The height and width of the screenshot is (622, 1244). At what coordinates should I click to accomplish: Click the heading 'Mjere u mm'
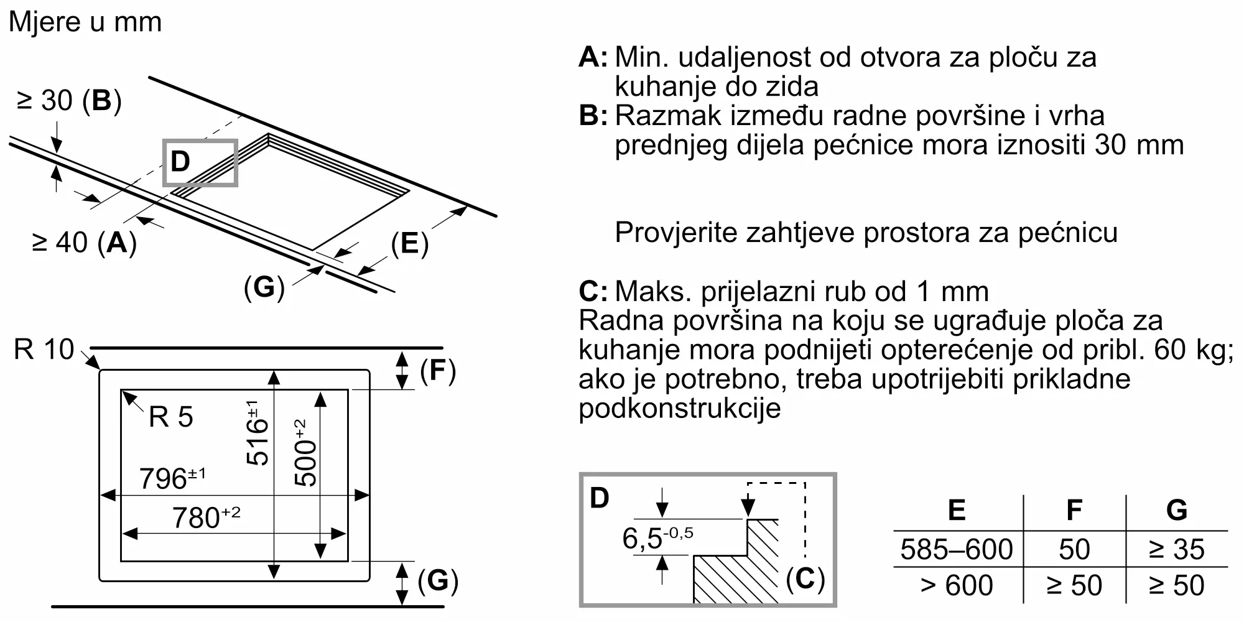tap(85, 22)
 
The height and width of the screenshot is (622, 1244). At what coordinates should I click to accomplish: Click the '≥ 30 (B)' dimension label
tap(69, 101)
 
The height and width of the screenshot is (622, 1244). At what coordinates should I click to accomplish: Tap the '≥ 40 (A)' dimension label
tap(84, 243)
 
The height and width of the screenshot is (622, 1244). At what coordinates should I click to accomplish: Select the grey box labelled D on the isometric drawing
tap(200, 162)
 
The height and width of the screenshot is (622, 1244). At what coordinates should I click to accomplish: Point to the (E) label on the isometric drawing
tap(409, 243)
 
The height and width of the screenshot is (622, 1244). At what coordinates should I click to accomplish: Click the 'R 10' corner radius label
tap(44, 350)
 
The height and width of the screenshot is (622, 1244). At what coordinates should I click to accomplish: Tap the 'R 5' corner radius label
tap(171, 417)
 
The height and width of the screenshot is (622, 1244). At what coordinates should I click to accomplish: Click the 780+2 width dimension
tap(206, 518)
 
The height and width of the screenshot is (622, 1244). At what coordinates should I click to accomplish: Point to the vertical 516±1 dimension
tap(257, 433)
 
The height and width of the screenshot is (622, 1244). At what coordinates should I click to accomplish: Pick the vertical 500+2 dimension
tap(305, 453)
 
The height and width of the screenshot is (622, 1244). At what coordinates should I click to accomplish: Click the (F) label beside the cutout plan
tap(438, 371)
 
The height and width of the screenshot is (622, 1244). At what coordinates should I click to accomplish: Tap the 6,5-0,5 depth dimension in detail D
tap(657, 538)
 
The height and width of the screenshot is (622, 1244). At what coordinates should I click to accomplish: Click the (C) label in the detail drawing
tap(805, 579)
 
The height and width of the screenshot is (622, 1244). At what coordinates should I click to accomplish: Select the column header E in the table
tap(957, 511)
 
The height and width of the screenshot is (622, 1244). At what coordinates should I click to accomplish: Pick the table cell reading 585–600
tap(957, 549)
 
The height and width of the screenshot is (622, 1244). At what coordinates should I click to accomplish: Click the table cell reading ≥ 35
tap(1176, 549)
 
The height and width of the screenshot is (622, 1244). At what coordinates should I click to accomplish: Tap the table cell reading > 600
tap(957, 585)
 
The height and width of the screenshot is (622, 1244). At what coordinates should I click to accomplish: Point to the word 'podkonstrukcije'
tap(679, 409)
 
